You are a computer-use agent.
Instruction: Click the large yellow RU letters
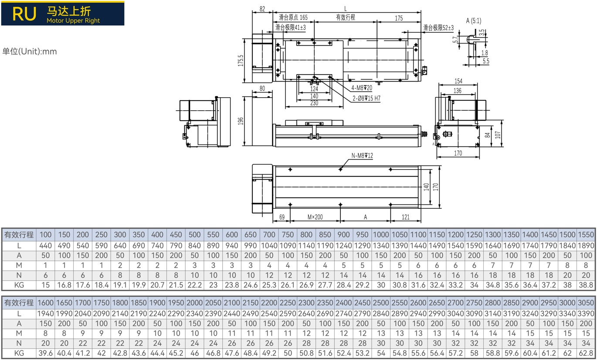(24, 14)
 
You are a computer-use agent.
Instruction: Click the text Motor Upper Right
(73, 21)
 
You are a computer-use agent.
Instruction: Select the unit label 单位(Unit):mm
(30, 51)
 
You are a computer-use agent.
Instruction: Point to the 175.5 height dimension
(241, 61)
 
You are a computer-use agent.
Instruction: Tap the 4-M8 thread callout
(361, 88)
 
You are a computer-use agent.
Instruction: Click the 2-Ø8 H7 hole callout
(366, 98)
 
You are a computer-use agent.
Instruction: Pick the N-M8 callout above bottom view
(362, 156)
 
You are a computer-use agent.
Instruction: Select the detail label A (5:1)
(474, 21)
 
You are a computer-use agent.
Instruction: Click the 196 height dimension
(241, 121)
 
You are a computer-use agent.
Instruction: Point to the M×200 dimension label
(315, 217)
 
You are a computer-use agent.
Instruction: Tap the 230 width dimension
(314, 103)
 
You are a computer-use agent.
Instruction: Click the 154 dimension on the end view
(458, 81)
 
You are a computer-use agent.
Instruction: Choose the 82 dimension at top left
(262, 9)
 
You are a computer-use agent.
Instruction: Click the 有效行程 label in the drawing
(346, 17)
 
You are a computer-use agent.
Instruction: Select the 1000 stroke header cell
(381, 235)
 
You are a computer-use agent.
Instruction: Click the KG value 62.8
(586, 353)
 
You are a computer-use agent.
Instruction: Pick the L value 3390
(586, 314)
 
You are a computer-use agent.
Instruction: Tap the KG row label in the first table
(19, 285)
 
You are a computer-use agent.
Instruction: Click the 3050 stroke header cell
(586, 303)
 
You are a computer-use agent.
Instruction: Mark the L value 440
(46, 245)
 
